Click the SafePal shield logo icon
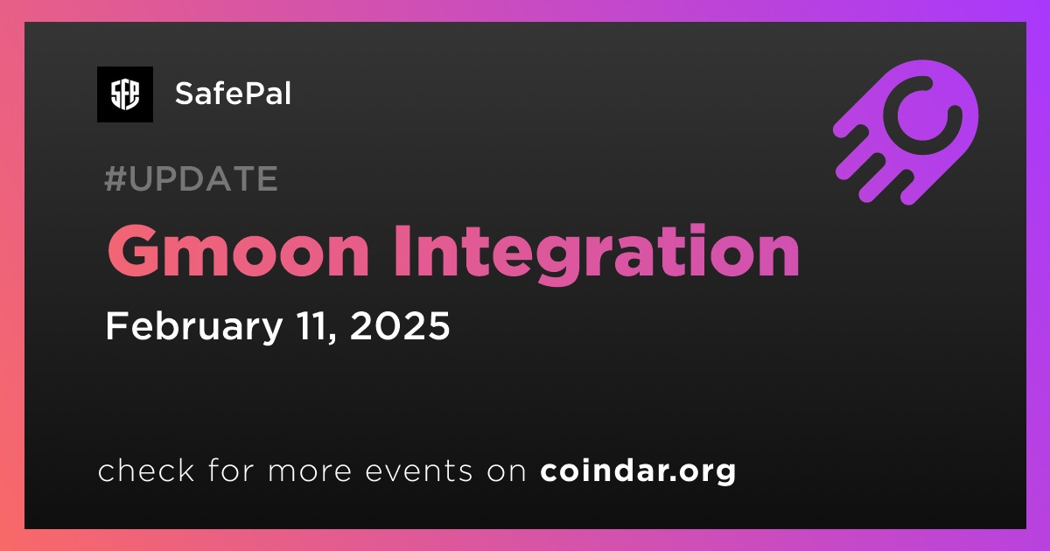(125, 94)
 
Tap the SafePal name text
(233, 94)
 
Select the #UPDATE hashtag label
(192, 178)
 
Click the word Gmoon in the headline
(238, 251)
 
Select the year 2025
(400, 326)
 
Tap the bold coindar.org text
(638, 471)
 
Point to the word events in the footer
(419, 471)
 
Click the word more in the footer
(310, 471)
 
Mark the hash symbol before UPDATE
(115, 178)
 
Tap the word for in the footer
(231, 470)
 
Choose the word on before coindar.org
(507, 471)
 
